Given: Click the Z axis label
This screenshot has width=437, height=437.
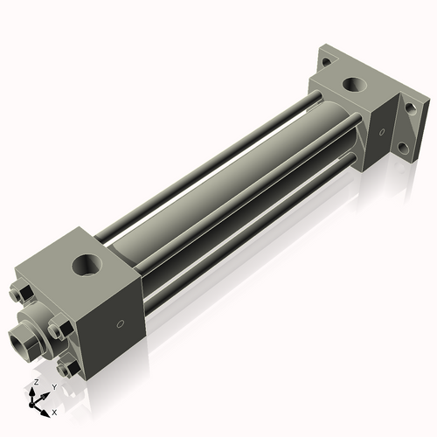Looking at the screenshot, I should tap(34, 383).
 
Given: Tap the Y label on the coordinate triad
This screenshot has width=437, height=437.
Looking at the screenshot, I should tap(54, 386).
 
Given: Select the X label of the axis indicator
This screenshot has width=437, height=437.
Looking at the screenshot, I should tap(55, 411).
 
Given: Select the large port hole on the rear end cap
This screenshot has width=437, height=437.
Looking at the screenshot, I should tap(355, 86).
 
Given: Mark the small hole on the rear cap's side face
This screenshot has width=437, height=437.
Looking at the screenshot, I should tap(380, 134).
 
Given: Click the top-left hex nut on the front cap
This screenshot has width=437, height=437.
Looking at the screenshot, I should tap(24, 293).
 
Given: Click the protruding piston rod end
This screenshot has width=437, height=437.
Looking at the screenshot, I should tap(21, 334).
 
